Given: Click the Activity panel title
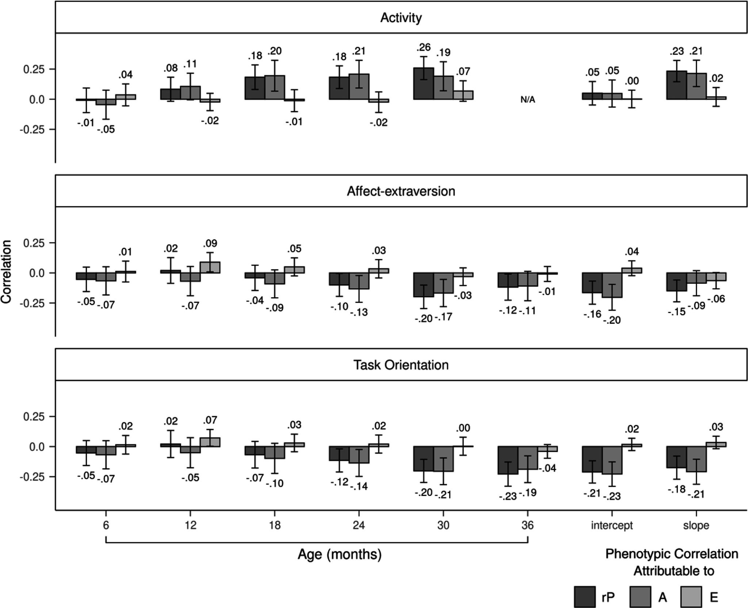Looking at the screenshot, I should point(401,18).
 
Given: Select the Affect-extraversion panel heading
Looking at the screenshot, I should point(401,191).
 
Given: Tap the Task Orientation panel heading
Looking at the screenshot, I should point(401,365).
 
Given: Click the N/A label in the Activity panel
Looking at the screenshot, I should point(527,100).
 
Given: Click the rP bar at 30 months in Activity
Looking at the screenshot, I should point(424,84).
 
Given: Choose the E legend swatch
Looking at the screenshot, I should point(691,597).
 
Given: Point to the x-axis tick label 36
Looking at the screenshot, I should point(527,525).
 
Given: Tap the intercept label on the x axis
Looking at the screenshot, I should point(612,525).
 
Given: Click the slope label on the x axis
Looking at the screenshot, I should point(696,525).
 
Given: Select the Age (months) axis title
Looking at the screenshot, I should point(339,554).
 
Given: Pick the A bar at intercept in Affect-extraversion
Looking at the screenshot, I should point(612,285).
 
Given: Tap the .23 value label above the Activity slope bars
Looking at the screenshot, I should point(676,51).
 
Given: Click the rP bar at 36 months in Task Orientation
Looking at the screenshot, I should point(508,460).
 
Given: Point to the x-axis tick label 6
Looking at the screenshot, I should point(106,525).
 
